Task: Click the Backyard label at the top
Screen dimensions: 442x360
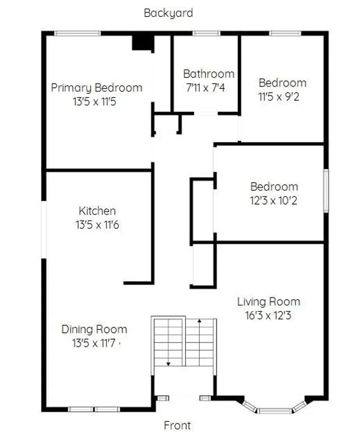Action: pos(168,13)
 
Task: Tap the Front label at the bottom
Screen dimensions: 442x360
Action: pos(177,425)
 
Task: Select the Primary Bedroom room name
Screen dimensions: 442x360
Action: pos(97,88)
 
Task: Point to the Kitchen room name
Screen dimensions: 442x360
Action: pos(97,211)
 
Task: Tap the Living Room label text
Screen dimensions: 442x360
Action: pos(268,301)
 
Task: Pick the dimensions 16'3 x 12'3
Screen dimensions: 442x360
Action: pos(268,315)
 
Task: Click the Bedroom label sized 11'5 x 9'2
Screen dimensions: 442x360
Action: pos(282,83)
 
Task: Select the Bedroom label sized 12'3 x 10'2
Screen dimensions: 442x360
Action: pos(274,187)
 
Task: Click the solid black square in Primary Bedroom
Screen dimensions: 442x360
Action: pos(142,43)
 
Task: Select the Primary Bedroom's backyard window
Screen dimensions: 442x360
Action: pos(78,34)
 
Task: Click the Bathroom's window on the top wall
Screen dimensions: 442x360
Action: pos(206,34)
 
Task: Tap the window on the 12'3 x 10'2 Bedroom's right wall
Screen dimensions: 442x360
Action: pos(326,192)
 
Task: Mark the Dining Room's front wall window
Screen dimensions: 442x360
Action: pos(94,409)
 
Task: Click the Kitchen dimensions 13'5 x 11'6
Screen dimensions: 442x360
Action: pos(97,225)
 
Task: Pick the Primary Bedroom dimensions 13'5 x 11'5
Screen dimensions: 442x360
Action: pos(97,102)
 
